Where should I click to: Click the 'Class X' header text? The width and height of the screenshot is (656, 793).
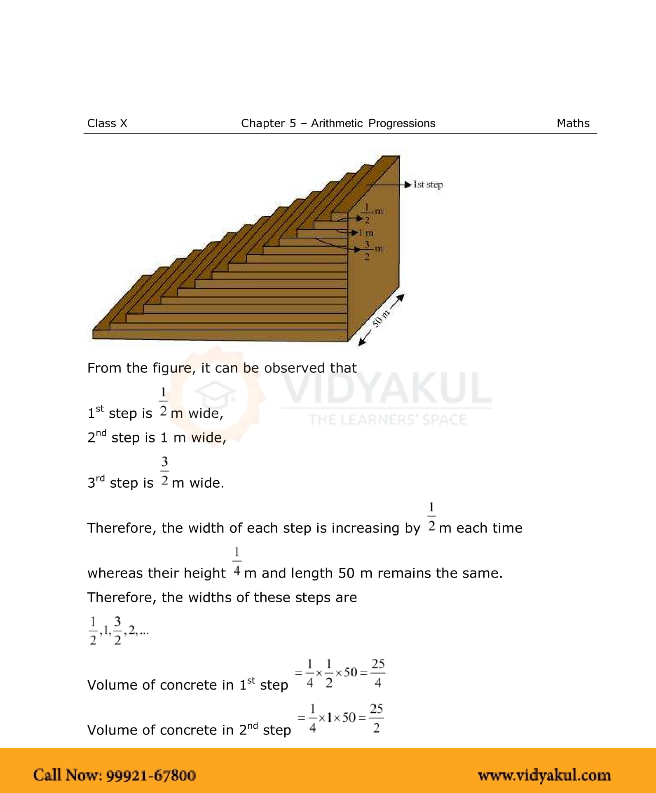coord(107,123)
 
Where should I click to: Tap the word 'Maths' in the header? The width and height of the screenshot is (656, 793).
coord(573,123)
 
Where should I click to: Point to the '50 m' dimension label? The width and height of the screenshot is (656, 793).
coord(381,318)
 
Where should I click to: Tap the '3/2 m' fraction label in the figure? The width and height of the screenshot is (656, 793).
coord(373,250)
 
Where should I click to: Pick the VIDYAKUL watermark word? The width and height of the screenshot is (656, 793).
coord(387,388)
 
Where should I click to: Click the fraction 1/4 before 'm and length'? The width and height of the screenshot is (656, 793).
coord(237,561)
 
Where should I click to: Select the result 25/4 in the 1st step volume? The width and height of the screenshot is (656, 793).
coord(377,673)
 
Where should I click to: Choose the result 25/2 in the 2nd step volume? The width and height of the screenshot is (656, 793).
coord(376,718)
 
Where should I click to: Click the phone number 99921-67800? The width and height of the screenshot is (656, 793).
coord(151,775)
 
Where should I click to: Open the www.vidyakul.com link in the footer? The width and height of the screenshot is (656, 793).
coord(544,775)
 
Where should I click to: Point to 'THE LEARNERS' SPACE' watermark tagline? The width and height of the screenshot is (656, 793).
coord(387,420)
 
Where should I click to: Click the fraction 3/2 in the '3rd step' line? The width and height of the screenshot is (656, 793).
coord(164,471)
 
